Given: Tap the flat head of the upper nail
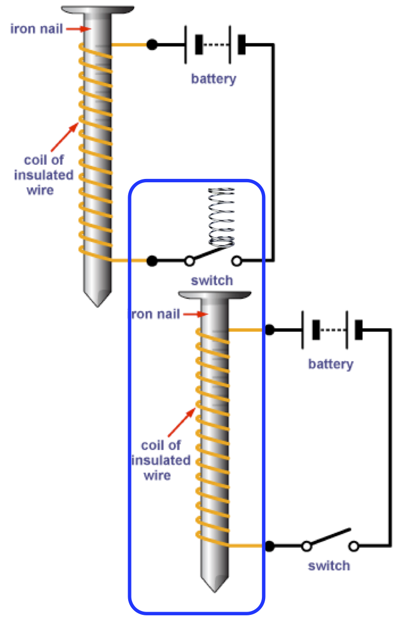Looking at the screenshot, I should tap(97, 10).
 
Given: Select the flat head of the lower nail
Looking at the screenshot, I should tap(214, 295).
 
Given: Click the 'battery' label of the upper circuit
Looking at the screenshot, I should tap(214, 79).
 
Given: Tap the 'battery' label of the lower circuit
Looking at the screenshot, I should tap(331, 364).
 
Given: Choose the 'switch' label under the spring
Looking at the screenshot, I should tap(212, 281).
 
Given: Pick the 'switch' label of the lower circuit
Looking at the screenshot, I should tap(328, 565).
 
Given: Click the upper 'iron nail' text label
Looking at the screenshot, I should tap(37, 28).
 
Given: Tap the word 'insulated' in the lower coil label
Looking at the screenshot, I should tap(161, 460).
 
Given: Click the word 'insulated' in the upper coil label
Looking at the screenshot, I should tap(43, 175).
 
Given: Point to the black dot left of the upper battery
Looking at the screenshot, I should tap(152, 45).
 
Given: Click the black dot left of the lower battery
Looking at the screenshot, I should tap(269, 330).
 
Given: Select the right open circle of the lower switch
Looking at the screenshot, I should tap(354, 545).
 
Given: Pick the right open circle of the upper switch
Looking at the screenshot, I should tap(236, 261).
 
